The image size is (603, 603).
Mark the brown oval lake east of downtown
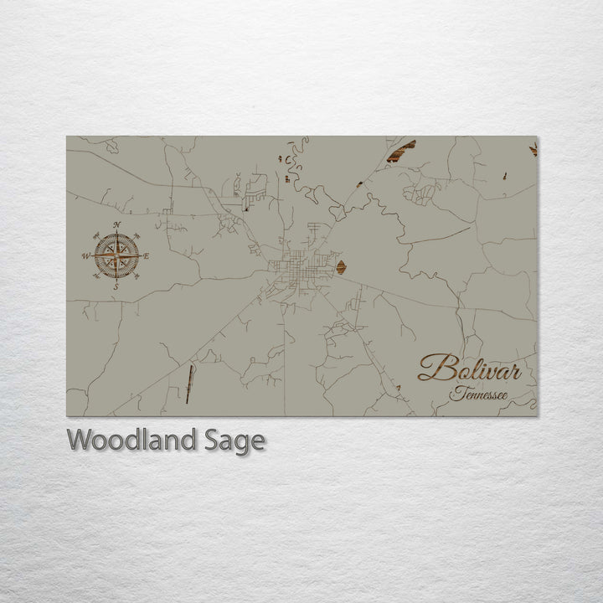tap(341, 268)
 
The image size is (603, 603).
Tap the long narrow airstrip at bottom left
tap(189, 384)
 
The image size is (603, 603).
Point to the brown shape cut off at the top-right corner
tap(533, 149)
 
